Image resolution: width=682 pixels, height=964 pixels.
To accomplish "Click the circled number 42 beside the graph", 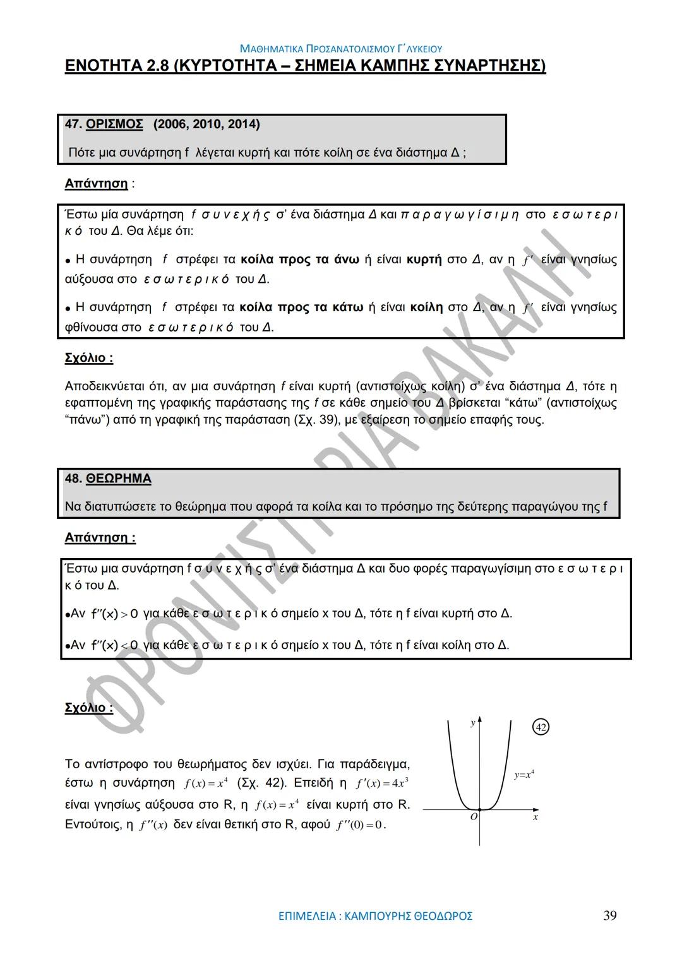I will tap(541, 727).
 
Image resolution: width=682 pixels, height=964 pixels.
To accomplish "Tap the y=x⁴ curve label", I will tap(524, 775).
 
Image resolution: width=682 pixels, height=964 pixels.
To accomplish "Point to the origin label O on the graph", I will tap(474, 816).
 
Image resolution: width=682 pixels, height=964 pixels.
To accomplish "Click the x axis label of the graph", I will tap(535, 817).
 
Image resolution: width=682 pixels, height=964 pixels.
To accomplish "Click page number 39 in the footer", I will tap(609, 915).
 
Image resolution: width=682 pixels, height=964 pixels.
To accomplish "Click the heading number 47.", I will tap(73, 124).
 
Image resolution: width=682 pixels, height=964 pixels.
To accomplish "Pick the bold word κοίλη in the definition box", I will tap(426, 307).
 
